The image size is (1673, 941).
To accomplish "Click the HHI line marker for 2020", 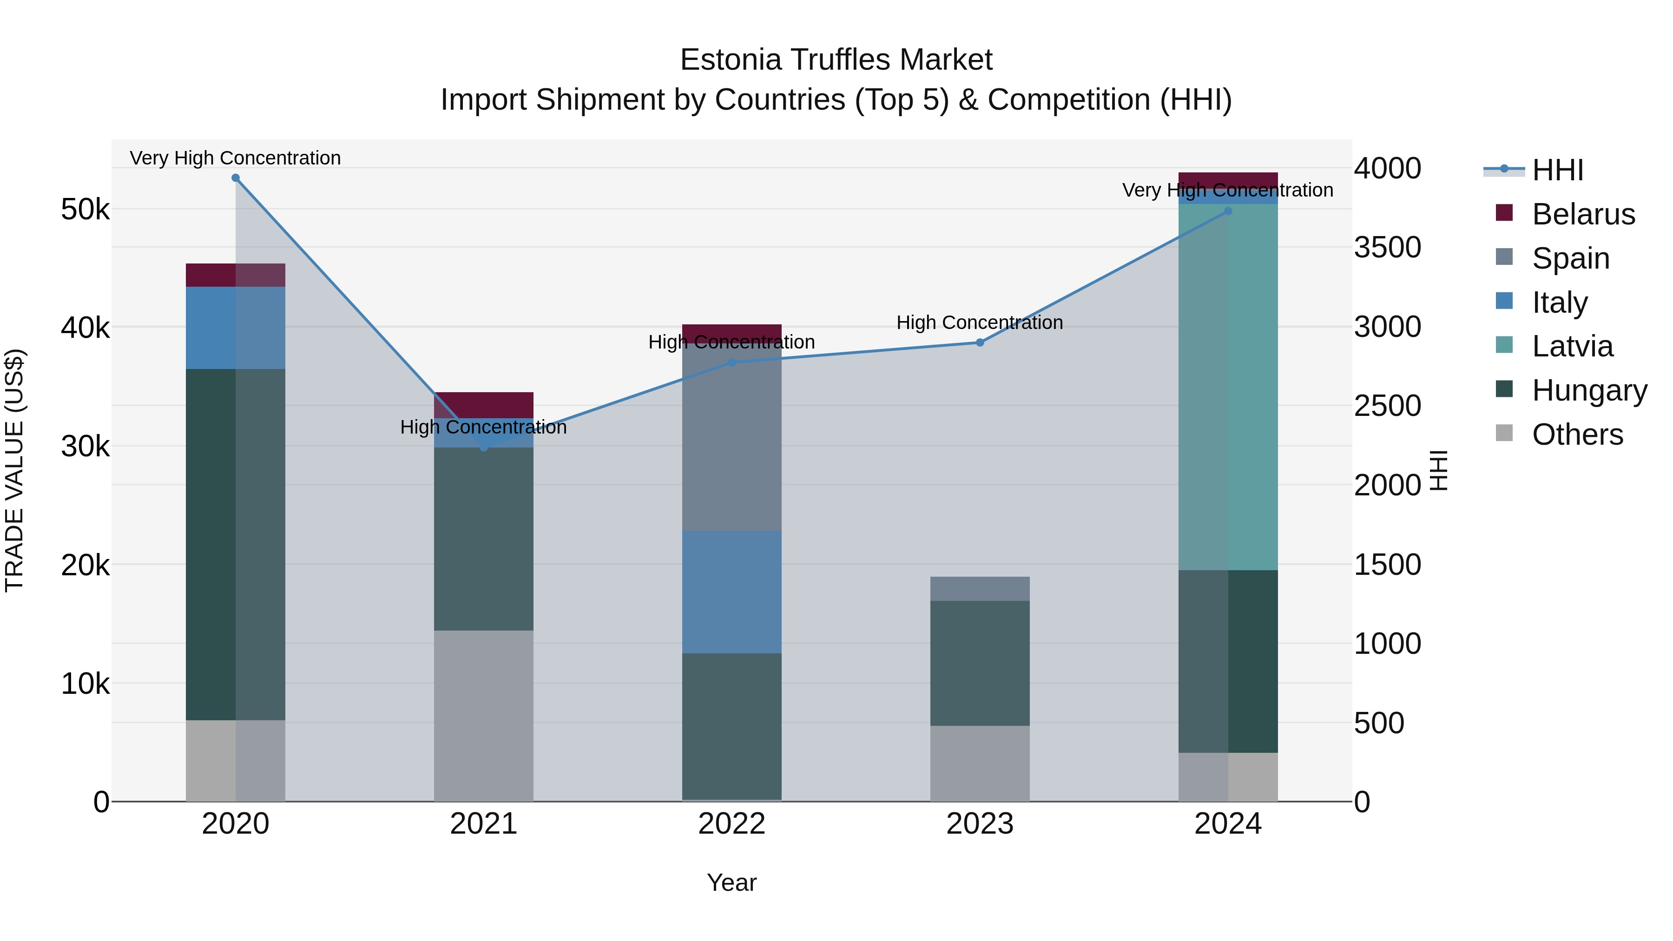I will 236,178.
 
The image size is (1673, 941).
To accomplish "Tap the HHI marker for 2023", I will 980,342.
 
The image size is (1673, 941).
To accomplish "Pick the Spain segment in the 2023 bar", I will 980,588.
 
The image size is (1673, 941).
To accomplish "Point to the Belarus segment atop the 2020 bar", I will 236,275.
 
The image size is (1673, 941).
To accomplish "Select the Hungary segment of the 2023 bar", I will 980,662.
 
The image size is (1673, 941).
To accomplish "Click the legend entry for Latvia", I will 1572,346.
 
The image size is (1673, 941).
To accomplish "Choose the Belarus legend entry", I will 1583,214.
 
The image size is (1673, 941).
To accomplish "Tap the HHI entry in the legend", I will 1557,170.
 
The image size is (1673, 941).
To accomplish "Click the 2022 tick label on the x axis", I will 732,824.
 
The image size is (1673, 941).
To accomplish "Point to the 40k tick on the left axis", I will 85,327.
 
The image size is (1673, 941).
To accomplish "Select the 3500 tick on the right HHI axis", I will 1387,247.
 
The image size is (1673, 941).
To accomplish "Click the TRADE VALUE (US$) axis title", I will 15,470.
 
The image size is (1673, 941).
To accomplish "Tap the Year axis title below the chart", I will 732,882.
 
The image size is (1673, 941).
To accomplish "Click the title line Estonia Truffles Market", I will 836,60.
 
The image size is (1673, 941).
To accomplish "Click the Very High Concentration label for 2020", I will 235,158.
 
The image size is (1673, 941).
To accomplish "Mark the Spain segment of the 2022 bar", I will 732,438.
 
